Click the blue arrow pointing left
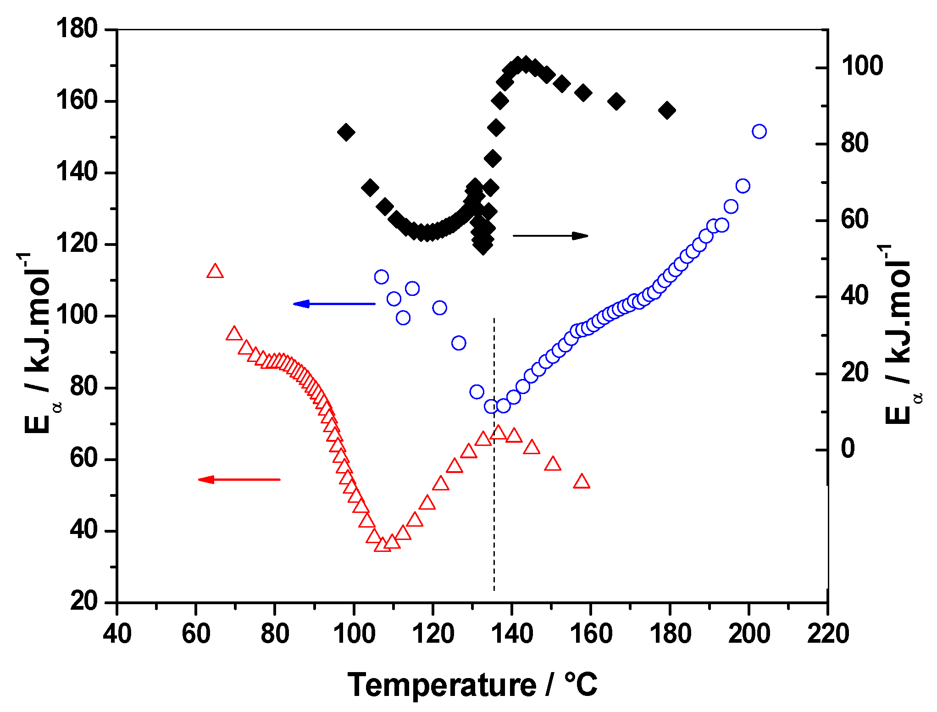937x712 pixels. point(334,304)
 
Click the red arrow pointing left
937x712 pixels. point(238,479)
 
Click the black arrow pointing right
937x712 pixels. point(550,236)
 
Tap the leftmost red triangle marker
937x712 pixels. point(215,272)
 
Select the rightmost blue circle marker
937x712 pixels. point(759,132)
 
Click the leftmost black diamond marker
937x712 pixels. point(346,133)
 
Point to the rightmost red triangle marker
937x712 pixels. point(582,481)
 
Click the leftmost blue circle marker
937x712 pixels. point(381,277)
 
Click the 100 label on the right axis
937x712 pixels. point(861,66)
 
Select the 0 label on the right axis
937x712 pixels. point(848,448)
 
